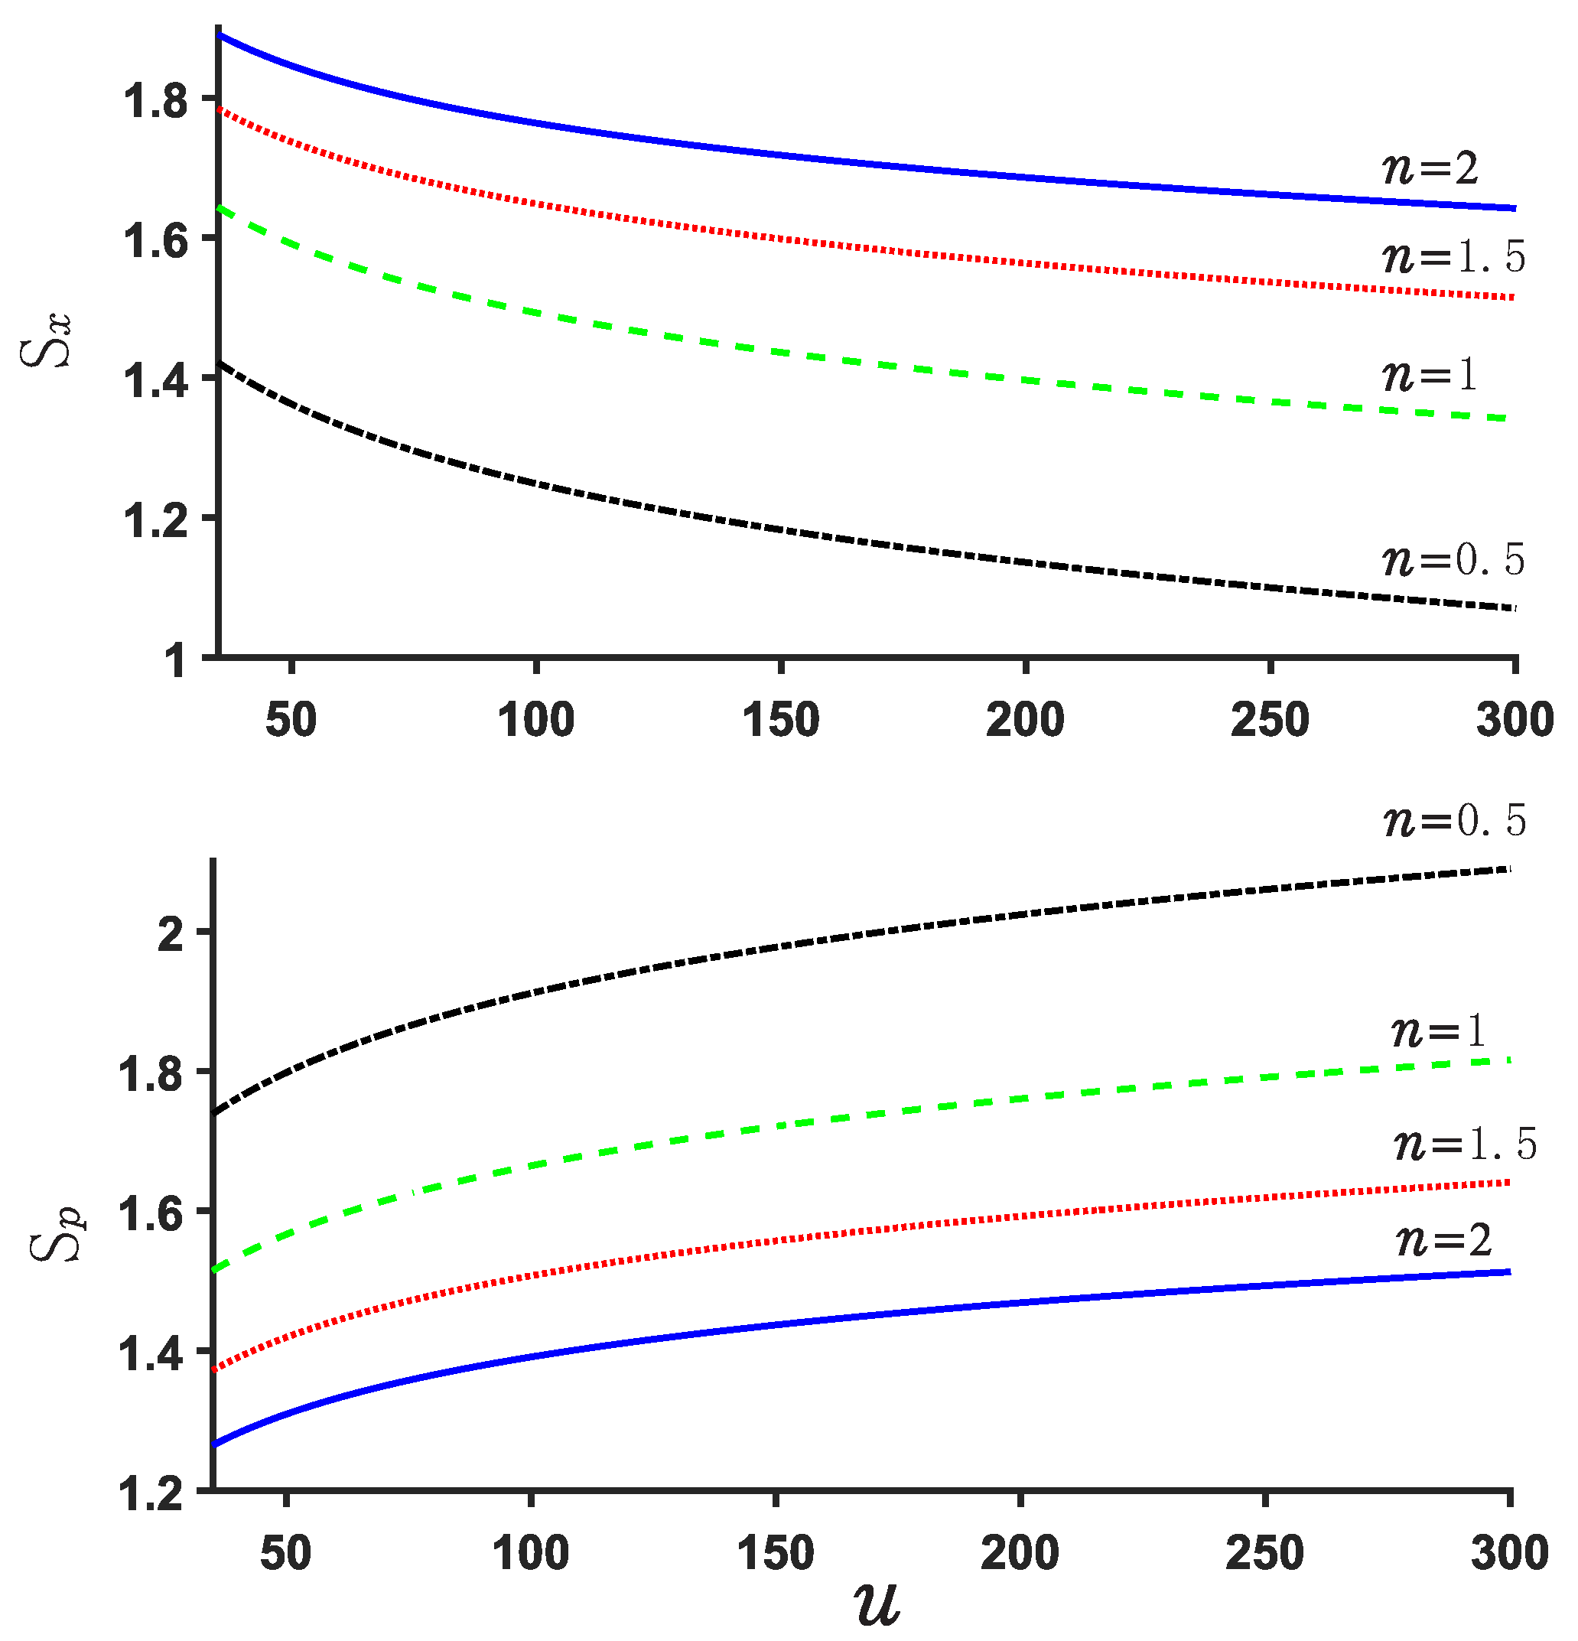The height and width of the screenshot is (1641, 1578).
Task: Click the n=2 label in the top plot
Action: click(1429, 168)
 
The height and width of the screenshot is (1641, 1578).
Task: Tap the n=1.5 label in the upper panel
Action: click(1453, 256)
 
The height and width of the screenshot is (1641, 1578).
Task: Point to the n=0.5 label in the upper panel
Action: click(1453, 559)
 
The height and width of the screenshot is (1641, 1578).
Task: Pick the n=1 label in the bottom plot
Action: click(1437, 1031)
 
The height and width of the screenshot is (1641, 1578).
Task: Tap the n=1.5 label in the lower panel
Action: click(1465, 1144)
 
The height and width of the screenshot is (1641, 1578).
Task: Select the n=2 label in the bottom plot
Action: click(1443, 1240)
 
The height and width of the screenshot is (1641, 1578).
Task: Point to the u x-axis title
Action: click(877, 1604)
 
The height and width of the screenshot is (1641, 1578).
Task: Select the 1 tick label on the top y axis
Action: click(174, 663)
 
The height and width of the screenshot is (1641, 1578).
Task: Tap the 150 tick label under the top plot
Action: click(780, 720)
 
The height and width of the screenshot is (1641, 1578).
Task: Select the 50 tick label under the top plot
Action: click(291, 720)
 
